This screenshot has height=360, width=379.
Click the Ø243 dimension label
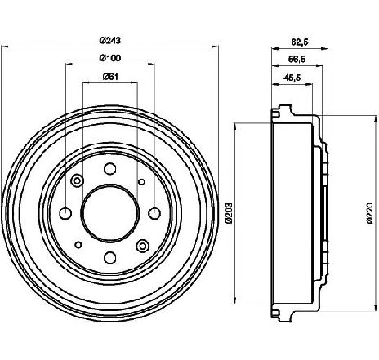110,41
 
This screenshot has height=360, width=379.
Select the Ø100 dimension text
110,58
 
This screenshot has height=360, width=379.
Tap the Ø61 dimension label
110,77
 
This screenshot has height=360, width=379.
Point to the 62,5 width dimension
300,42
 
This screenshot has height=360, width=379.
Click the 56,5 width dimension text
297,59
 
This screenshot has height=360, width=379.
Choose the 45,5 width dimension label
292,78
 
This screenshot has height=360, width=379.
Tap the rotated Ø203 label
229,213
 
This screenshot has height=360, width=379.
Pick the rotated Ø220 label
369,213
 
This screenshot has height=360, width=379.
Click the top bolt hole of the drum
110,169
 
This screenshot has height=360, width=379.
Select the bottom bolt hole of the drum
110,257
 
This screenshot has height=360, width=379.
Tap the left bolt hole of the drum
65,213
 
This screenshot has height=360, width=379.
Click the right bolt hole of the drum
154,213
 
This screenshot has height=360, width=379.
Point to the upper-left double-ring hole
78,180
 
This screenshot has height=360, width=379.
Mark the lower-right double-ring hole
142,246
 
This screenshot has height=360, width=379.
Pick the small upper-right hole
141,182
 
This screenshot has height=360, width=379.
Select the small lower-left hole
78,245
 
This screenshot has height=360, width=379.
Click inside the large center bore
110,213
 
